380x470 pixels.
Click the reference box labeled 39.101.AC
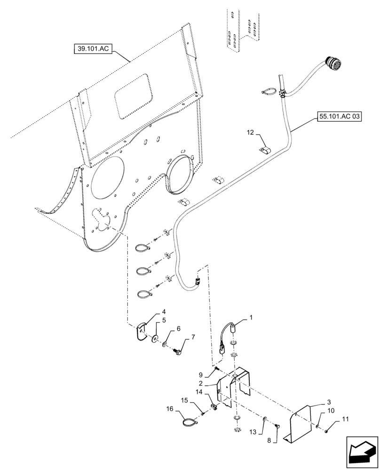pyautogui.click(x=92, y=48)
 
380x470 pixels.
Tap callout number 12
pyautogui.click(x=249, y=133)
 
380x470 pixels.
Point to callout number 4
pyautogui.click(x=164, y=312)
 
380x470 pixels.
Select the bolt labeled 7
pyautogui.click(x=179, y=350)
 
